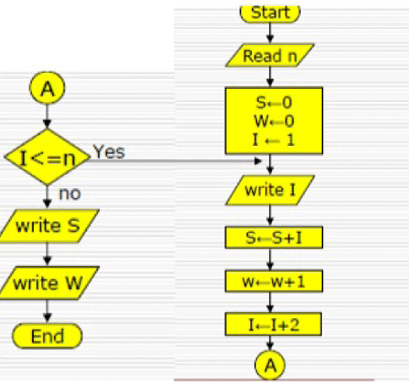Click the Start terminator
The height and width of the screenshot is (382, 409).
point(270,12)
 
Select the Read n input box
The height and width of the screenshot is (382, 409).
point(270,56)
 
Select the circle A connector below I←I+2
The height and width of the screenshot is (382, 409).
point(270,365)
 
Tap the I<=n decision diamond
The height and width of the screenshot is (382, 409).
point(47,157)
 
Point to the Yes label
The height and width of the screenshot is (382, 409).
point(108,152)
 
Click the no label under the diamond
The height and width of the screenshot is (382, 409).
point(69,194)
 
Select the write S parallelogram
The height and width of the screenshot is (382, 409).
point(47,226)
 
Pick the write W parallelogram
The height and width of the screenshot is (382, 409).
point(47,283)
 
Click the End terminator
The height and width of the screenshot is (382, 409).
point(47,337)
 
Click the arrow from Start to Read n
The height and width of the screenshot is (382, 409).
point(270,32)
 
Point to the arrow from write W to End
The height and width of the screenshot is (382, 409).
point(47,310)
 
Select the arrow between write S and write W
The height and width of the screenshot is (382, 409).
point(47,254)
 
